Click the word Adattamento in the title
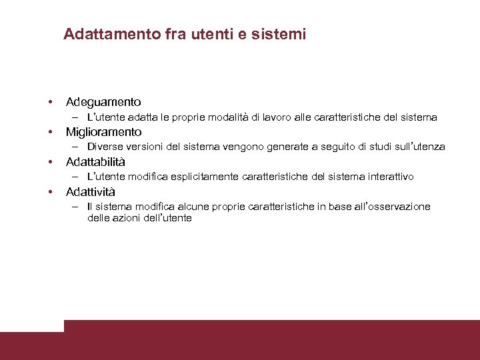coord(111,34)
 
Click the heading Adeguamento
coord(103,102)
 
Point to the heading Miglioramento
coord(104,132)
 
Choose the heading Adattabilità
coord(95,162)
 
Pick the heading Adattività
coord(91,192)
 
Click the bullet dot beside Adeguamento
coord(50,103)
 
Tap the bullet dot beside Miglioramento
coord(50,133)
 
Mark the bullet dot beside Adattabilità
coord(50,163)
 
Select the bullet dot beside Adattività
coord(50,193)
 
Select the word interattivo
coord(388,177)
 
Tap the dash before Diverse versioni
coord(77,147)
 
